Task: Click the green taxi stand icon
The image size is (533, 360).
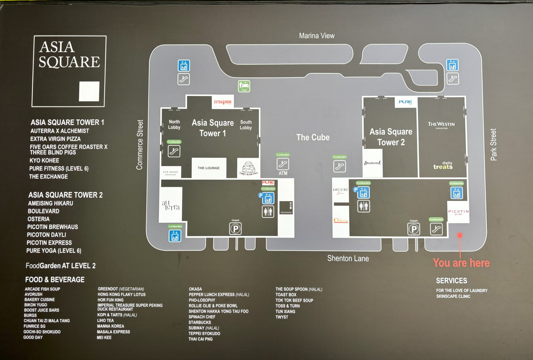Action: pos(244,86)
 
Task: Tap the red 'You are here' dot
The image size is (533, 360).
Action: pos(460,235)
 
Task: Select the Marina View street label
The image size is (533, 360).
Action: pos(316,36)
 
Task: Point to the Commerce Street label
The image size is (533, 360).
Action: pos(139,145)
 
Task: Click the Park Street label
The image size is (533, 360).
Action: pos(493,144)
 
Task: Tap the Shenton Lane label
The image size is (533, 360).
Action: pos(348,258)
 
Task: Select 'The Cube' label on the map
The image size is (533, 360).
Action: pos(313,137)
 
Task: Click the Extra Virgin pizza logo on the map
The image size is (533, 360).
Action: pos(223,102)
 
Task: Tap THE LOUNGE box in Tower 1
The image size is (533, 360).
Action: pos(208,168)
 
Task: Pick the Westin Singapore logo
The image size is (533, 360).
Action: pos(441,125)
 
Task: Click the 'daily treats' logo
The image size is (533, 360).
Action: pos(443,165)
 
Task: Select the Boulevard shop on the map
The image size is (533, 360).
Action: pos(372,163)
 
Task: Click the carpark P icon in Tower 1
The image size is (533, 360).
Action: pos(235,229)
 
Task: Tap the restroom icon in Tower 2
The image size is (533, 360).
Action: pos(363,206)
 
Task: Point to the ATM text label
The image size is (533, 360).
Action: pos(283,173)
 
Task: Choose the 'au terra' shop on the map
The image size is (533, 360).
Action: pos(170,205)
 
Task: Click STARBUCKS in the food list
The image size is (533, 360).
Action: pos(200,322)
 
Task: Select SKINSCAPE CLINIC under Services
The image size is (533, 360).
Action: pos(453,296)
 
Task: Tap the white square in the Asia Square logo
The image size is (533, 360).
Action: pos(89,91)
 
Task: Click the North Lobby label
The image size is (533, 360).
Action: pos(174,124)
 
